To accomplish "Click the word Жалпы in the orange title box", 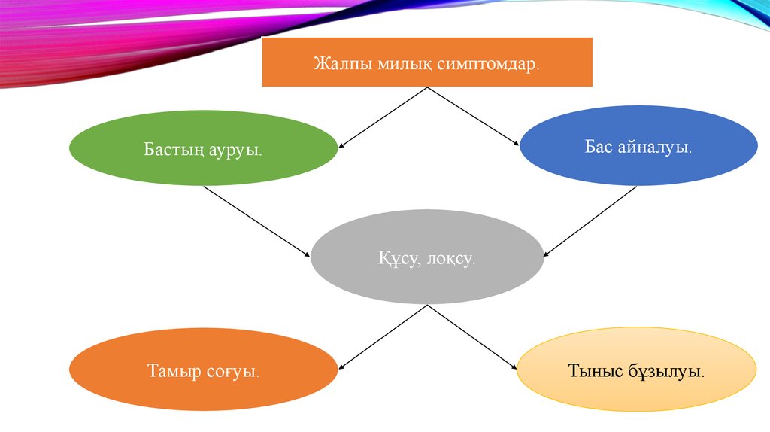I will (x=336, y=62).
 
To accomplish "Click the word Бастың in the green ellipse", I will (x=172, y=149).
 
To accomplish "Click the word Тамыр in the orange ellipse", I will (x=172, y=370).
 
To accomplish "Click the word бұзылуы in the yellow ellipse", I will (x=668, y=371).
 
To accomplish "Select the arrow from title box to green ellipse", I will (x=383, y=117).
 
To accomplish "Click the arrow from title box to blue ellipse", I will (x=474, y=117).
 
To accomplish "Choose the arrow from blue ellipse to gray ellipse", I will (x=590, y=221).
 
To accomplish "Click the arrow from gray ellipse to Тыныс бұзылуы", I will (x=472, y=337).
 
